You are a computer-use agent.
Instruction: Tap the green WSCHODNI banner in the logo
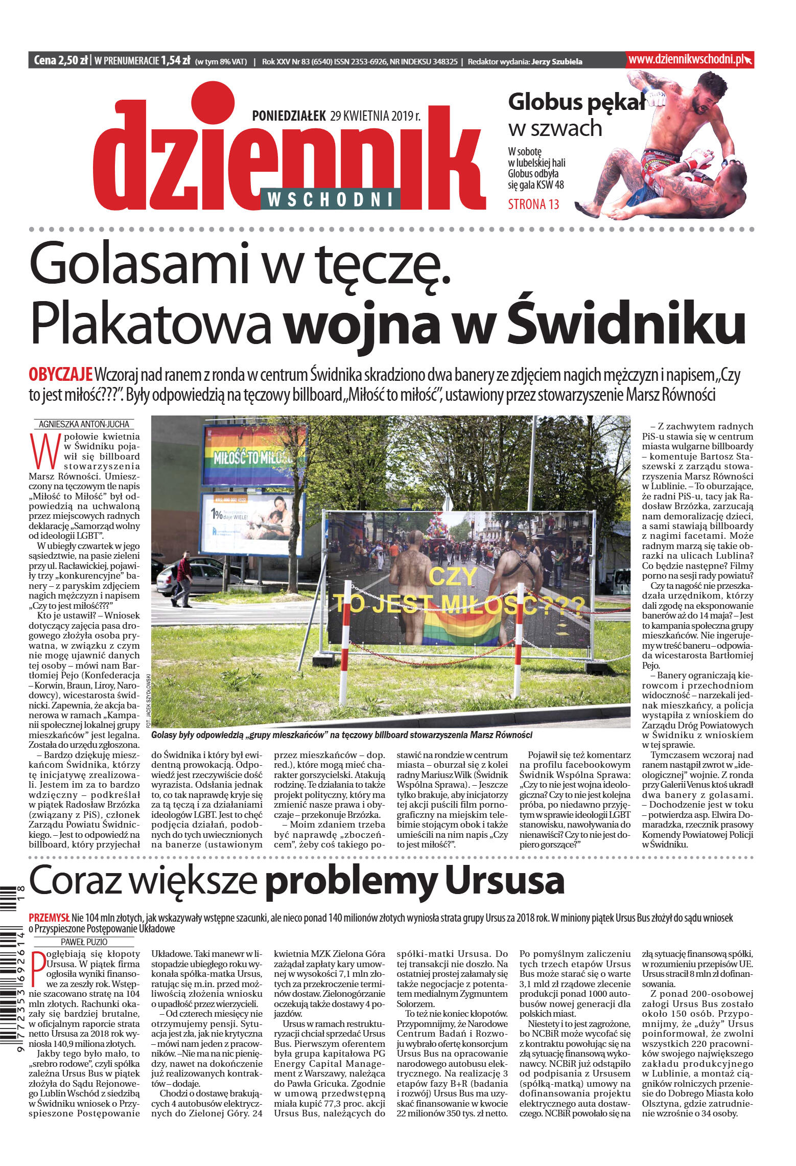click(x=330, y=199)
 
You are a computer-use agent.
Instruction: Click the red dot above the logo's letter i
click(x=212, y=103)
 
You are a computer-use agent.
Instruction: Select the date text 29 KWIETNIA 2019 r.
click(x=376, y=116)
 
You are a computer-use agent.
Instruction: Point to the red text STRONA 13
click(x=533, y=204)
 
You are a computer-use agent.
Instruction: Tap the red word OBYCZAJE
click(x=60, y=375)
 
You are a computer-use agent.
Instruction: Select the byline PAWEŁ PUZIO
click(x=84, y=942)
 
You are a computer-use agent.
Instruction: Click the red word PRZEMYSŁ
click(x=49, y=918)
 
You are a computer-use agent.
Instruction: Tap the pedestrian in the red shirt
click(x=183, y=578)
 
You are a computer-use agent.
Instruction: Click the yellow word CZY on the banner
click(x=452, y=577)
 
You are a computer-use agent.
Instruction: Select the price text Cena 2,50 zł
click(x=60, y=60)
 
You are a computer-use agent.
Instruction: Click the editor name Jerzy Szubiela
click(x=556, y=62)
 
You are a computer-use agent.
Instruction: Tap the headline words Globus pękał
click(x=576, y=102)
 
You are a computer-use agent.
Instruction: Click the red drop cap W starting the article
click(x=43, y=451)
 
